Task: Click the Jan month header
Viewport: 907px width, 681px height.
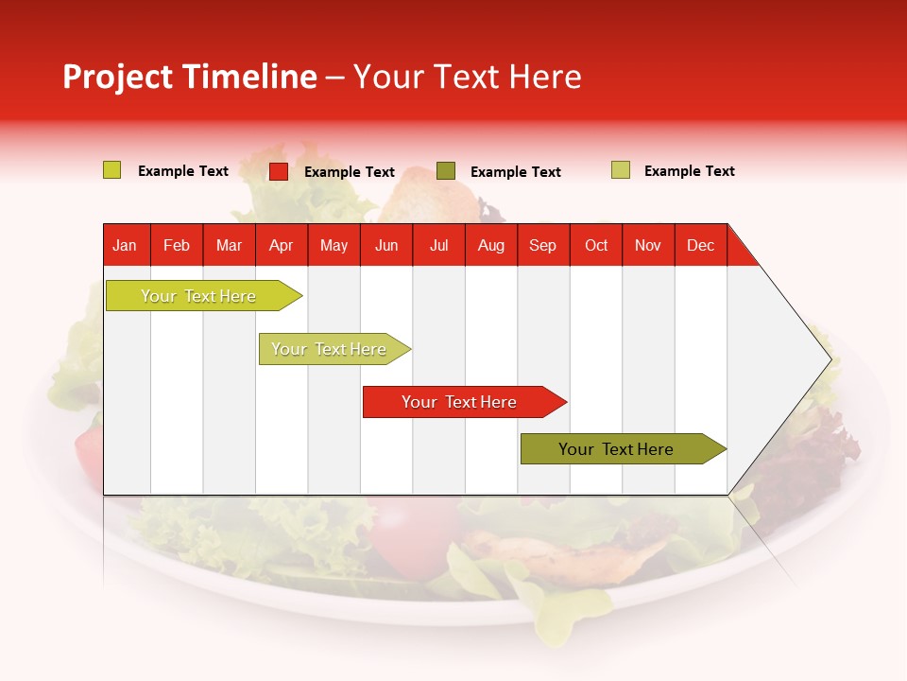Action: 126,245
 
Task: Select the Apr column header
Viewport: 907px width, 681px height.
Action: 281,245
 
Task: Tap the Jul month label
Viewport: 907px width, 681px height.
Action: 438,245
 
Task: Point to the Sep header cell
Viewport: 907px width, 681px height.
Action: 542,245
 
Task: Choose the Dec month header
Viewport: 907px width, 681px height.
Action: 700,245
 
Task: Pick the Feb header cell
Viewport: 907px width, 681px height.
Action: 177,245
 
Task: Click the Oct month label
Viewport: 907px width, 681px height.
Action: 596,245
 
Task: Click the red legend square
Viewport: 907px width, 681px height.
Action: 279,171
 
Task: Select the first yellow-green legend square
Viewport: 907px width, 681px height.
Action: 111,170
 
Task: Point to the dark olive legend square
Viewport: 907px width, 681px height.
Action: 446,171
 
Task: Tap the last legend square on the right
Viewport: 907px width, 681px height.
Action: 621,170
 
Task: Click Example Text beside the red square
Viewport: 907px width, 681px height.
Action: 349,172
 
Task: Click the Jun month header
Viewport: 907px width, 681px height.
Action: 386,245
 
